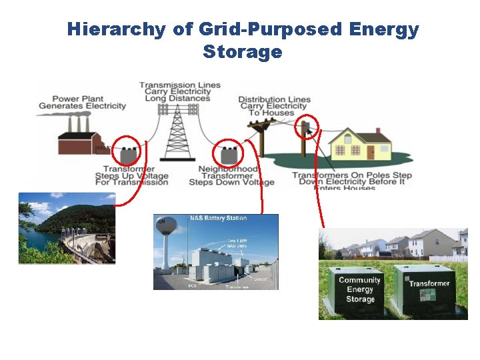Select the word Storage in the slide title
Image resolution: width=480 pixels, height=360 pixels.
point(242,52)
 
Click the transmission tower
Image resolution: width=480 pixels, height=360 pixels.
point(177,133)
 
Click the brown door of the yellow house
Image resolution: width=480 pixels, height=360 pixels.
point(371,151)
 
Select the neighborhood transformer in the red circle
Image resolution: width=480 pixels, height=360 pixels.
point(230,154)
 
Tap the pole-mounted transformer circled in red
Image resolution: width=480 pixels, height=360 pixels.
point(307,127)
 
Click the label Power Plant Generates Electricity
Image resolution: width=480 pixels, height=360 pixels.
point(82,102)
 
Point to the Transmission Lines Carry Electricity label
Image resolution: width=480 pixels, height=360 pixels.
point(179,92)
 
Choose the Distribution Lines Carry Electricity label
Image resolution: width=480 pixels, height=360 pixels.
point(274,106)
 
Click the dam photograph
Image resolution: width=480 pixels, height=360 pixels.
point(67,229)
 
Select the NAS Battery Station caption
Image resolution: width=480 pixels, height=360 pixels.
point(218,218)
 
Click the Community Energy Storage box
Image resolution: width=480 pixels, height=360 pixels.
point(359,291)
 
